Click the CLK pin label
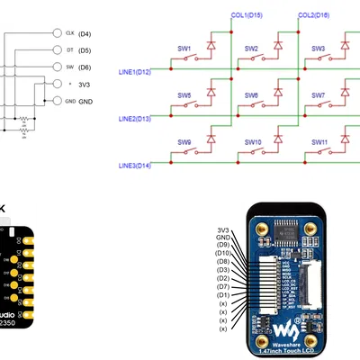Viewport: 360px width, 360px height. [70, 32]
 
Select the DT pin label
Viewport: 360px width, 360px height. [69, 49]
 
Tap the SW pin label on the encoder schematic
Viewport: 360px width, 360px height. [69, 67]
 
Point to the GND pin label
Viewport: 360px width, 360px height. [70, 101]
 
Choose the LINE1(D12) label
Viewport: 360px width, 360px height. [135, 71]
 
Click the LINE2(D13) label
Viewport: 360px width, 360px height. [135, 118]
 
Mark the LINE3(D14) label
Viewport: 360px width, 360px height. [135, 166]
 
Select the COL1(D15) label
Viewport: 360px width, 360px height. [247, 15]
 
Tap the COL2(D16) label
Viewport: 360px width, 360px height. [313, 15]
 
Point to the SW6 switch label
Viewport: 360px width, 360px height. [251, 95]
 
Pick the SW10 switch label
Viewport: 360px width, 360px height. [252, 142]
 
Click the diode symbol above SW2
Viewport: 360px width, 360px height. [278, 42]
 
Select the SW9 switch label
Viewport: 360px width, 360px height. [184, 142]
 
